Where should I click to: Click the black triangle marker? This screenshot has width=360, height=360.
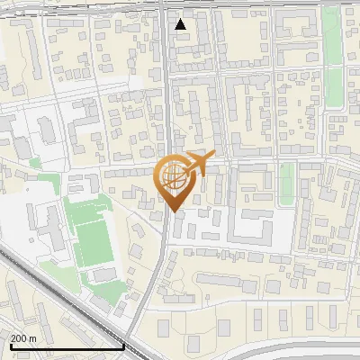(x=181, y=24)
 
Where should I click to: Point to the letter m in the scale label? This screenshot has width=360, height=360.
(x=34, y=338)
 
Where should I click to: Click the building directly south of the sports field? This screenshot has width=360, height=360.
(x=103, y=274)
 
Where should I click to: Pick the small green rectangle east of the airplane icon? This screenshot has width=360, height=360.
(x=287, y=181)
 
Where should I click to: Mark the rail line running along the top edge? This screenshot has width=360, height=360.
(x=90, y=6)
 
